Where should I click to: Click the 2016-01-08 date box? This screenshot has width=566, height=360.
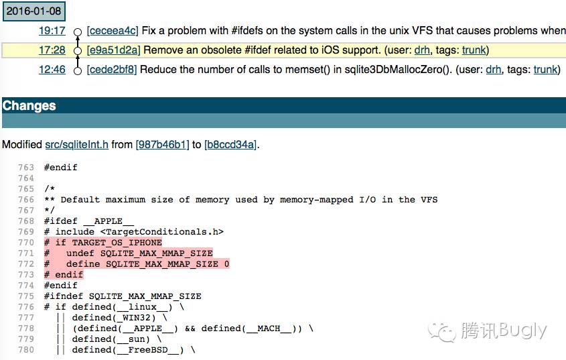click(x=33, y=11)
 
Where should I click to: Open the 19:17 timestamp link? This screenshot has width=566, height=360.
click(x=52, y=31)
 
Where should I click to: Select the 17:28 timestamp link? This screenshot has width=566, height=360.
click(x=52, y=50)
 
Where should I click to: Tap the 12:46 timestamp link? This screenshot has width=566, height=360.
click(x=52, y=70)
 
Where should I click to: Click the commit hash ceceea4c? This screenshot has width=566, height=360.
click(x=113, y=31)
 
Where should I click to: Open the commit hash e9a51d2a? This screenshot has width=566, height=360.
click(x=113, y=50)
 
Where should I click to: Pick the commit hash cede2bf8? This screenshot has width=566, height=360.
click(x=112, y=70)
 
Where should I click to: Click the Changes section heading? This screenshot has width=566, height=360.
click(x=29, y=106)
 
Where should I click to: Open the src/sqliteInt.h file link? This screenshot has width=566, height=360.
click(x=76, y=144)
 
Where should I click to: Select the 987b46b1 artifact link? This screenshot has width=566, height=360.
click(x=162, y=144)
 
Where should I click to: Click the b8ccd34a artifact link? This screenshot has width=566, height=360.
click(x=230, y=144)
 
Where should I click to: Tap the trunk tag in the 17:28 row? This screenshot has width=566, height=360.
click(x=474, y=50)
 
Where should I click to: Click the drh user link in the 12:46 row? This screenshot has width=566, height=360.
click(x=493, y=70)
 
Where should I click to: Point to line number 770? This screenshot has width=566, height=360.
click(x=26, y=243)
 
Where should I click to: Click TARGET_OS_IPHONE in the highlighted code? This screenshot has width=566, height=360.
click(x=117, y=243)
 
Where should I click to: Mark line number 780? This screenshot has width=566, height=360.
click(x=26, y=350)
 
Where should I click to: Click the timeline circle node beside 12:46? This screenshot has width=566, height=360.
click(x=78, y=70)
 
